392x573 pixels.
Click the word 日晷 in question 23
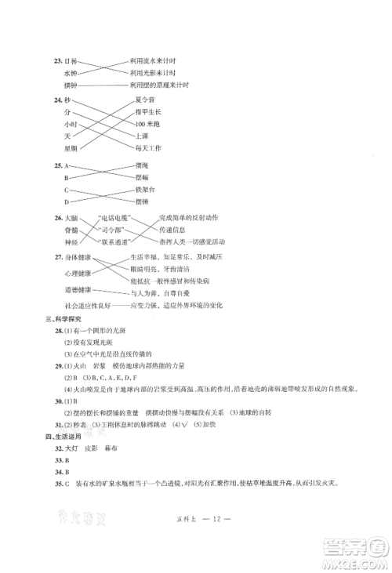click(x=69, y=60)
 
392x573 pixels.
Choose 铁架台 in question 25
click(x=146, y=189)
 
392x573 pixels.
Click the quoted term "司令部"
click(x=111, y=230)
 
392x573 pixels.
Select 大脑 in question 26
click(x=71, y=218)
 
